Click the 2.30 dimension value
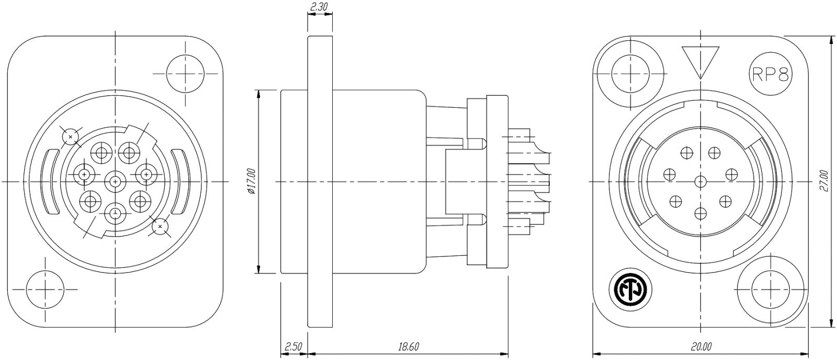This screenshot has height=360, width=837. click(x=320, y=6)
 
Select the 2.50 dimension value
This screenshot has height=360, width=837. click(x=293, y=346)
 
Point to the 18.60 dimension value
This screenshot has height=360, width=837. click(x=408, y=346)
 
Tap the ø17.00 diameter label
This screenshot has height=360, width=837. click(x=252, y=182)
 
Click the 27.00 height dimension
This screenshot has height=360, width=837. click(x=824, y=182)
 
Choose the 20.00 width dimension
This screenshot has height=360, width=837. click(x=700, y=346)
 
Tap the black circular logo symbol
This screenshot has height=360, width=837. click(x=630, y=291)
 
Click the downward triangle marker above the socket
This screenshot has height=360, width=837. click(x=700, y=62)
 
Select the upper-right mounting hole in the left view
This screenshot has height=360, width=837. click(x=186, y=74)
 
